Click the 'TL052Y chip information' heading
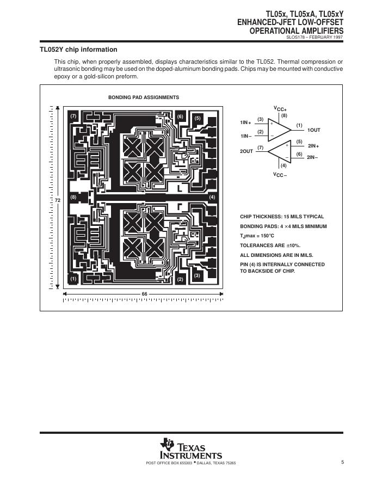(78, 50)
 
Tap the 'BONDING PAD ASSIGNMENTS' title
(144, 97)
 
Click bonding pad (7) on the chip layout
(73, 116)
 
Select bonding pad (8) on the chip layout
(73, 196)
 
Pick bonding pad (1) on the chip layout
(73, 279)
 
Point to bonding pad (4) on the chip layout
(212, 196)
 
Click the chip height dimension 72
(57, 200)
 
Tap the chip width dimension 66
(145, 294)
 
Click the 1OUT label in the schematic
(314, 131)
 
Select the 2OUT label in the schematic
(247, 151)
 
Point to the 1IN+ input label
(245, 122)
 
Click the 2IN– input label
(312, 157)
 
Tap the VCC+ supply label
(280, 109)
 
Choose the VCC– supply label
(280, 175)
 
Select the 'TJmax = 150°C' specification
(257, 236)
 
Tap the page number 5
(343, 462)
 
